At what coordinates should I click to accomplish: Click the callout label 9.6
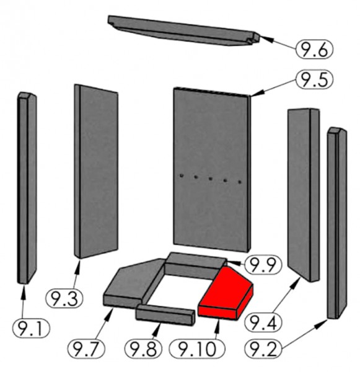tap(314, 49)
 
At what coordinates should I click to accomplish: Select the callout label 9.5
tap(314, 79)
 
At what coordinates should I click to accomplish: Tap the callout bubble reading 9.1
tap(31, 329)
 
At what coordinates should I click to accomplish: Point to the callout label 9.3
tap(64, 298)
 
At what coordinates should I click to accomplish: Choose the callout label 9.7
tap(86, 348)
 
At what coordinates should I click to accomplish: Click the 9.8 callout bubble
tap(143, 348)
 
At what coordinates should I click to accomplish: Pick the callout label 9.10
tap(197, 348)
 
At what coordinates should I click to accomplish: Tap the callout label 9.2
tap(263, 348)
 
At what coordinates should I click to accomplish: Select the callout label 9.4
tap(263, 322)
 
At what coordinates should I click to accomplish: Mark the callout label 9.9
tap(263, 265)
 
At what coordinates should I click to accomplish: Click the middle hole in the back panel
tap(210, 179)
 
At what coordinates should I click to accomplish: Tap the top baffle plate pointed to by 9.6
tap(184, 30)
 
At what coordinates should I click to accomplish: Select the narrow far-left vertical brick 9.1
tap(27, 187)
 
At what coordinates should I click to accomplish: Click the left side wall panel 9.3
tap(96, 171)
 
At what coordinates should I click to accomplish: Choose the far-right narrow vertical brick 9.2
tap(336, 223)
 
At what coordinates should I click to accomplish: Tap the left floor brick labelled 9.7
tap(133, 283)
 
